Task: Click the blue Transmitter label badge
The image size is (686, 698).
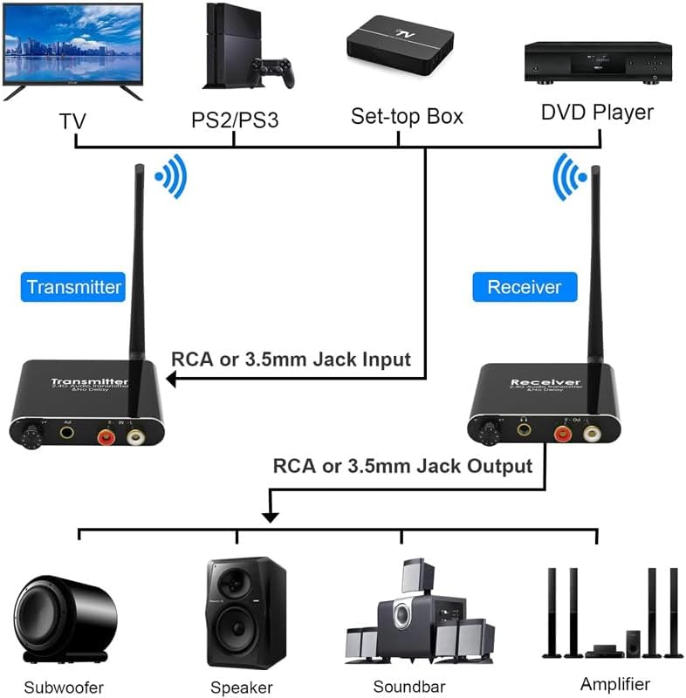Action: tap(74, 287)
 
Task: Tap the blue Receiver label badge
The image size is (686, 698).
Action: tap(524, 287)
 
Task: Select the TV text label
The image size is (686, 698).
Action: tap(72, 119)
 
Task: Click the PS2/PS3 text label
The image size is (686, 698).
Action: tap(235, 120)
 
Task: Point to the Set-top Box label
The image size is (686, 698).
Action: tap(407, 115)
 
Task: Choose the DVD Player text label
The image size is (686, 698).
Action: tap(597, 112)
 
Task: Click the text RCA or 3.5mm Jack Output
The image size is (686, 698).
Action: tap(402, 466)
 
